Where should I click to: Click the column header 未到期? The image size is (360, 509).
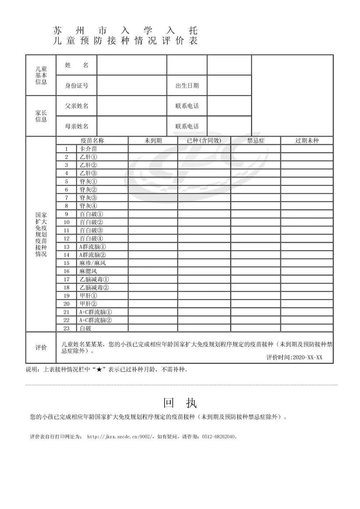(153, 141)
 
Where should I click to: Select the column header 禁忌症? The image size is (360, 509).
(256, 141)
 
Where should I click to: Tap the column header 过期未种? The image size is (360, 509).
(307, 141)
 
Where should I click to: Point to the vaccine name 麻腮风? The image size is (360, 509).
(88, 271)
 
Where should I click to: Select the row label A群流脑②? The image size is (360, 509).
(93, 255)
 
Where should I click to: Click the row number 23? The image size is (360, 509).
(66, 328)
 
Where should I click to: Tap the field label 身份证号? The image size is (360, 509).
(76, 86)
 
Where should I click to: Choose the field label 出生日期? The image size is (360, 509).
(187, 86)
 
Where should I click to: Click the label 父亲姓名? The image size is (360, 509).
(76, 106)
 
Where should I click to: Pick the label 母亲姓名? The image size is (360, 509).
(76, 126)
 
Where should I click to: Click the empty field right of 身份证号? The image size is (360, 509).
(132, 86)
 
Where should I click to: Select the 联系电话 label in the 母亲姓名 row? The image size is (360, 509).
(187, 126)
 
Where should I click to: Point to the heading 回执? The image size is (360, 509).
(180, 403)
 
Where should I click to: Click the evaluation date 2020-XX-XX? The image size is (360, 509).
(307, 357)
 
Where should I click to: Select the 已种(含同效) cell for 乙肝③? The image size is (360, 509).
(204, 174)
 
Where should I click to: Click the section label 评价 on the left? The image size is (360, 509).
(41, 348)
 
